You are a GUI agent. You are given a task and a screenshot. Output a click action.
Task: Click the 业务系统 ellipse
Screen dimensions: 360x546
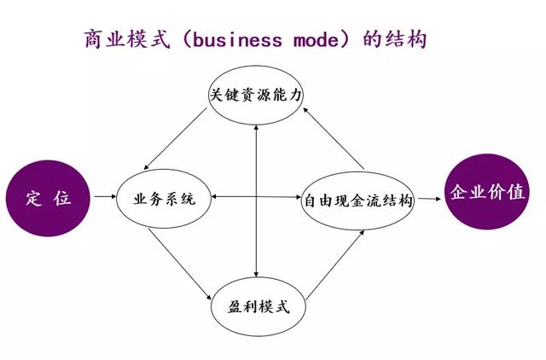click(165, 200)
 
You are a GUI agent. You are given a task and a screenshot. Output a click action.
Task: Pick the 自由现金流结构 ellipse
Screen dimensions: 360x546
click(358, 201)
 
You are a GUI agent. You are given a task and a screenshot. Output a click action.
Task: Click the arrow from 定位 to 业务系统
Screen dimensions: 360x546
click(104, 199)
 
